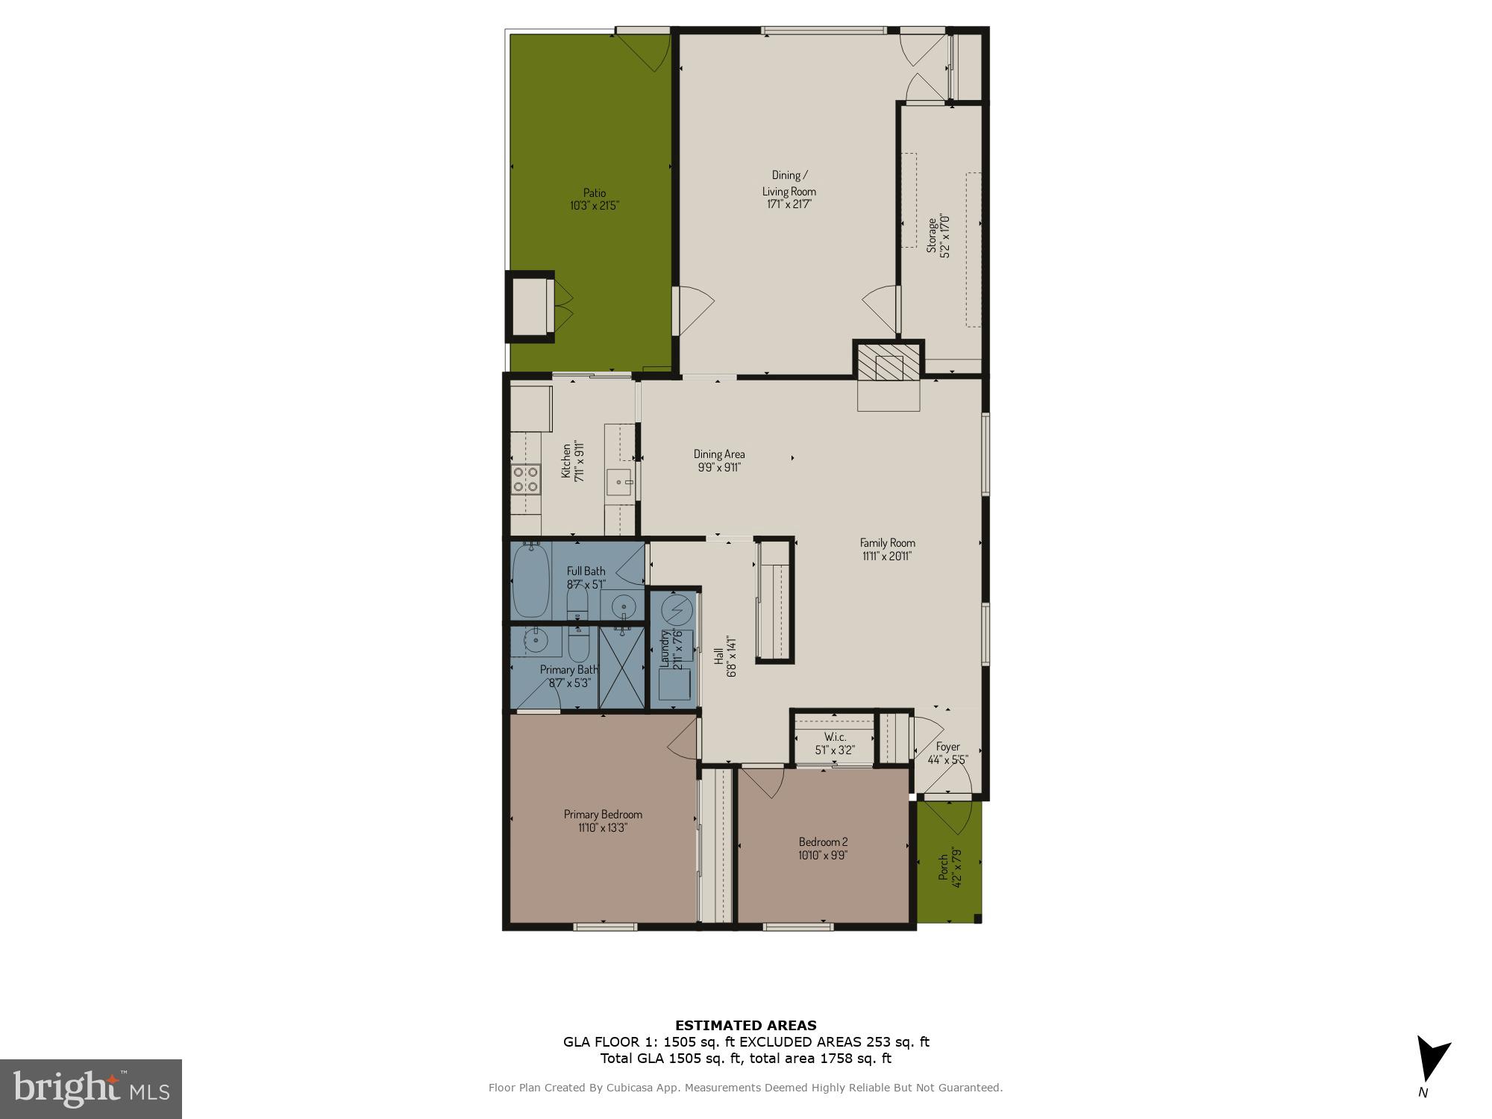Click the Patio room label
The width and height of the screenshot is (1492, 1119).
coord(594,192)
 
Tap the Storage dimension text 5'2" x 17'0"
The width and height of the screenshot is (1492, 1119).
coord(945,235)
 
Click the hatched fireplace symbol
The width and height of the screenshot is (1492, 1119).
coord(888,367)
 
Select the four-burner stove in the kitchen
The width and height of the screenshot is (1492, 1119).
coord(526,478)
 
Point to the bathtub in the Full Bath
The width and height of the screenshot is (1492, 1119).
coord(530,580)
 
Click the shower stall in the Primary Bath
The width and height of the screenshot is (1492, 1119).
coord(621,667)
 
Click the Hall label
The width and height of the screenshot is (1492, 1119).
coord(718,656)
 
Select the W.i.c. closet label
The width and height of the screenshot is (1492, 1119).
coord(835,737)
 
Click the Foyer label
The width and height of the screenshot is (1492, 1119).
coord(947,746)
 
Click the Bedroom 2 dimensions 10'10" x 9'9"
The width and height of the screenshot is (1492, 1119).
coord(823,856)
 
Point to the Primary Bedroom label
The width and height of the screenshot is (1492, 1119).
coord(603,814)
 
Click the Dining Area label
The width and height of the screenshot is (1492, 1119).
coord(718,454)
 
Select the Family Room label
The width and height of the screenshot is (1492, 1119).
coord(887,542)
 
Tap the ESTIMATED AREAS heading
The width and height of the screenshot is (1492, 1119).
coord(745,1025)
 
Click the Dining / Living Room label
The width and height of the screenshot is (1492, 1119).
coord(789,183)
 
